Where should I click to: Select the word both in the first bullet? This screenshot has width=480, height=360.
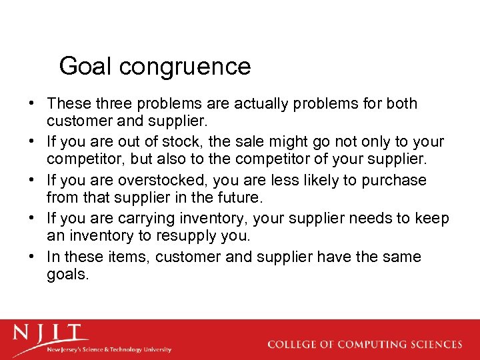401,103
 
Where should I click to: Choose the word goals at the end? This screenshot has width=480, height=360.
67,275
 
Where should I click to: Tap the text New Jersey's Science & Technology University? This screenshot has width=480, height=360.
108,349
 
